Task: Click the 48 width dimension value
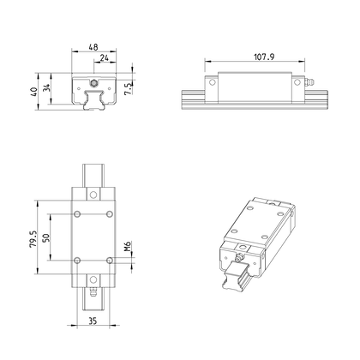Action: tap(93, 46)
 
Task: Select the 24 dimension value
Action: tap(105, 57)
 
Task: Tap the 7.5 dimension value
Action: tap(129, 89)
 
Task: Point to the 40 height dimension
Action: tap(33, 92)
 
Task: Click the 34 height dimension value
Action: tap(46, 87)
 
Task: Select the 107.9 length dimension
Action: tap(264, 57)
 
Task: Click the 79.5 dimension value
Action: tap(33, 239)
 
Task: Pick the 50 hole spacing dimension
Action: tap(46, 237)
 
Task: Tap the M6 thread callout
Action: tap(128, 246)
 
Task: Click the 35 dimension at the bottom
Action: tap(93, 321)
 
